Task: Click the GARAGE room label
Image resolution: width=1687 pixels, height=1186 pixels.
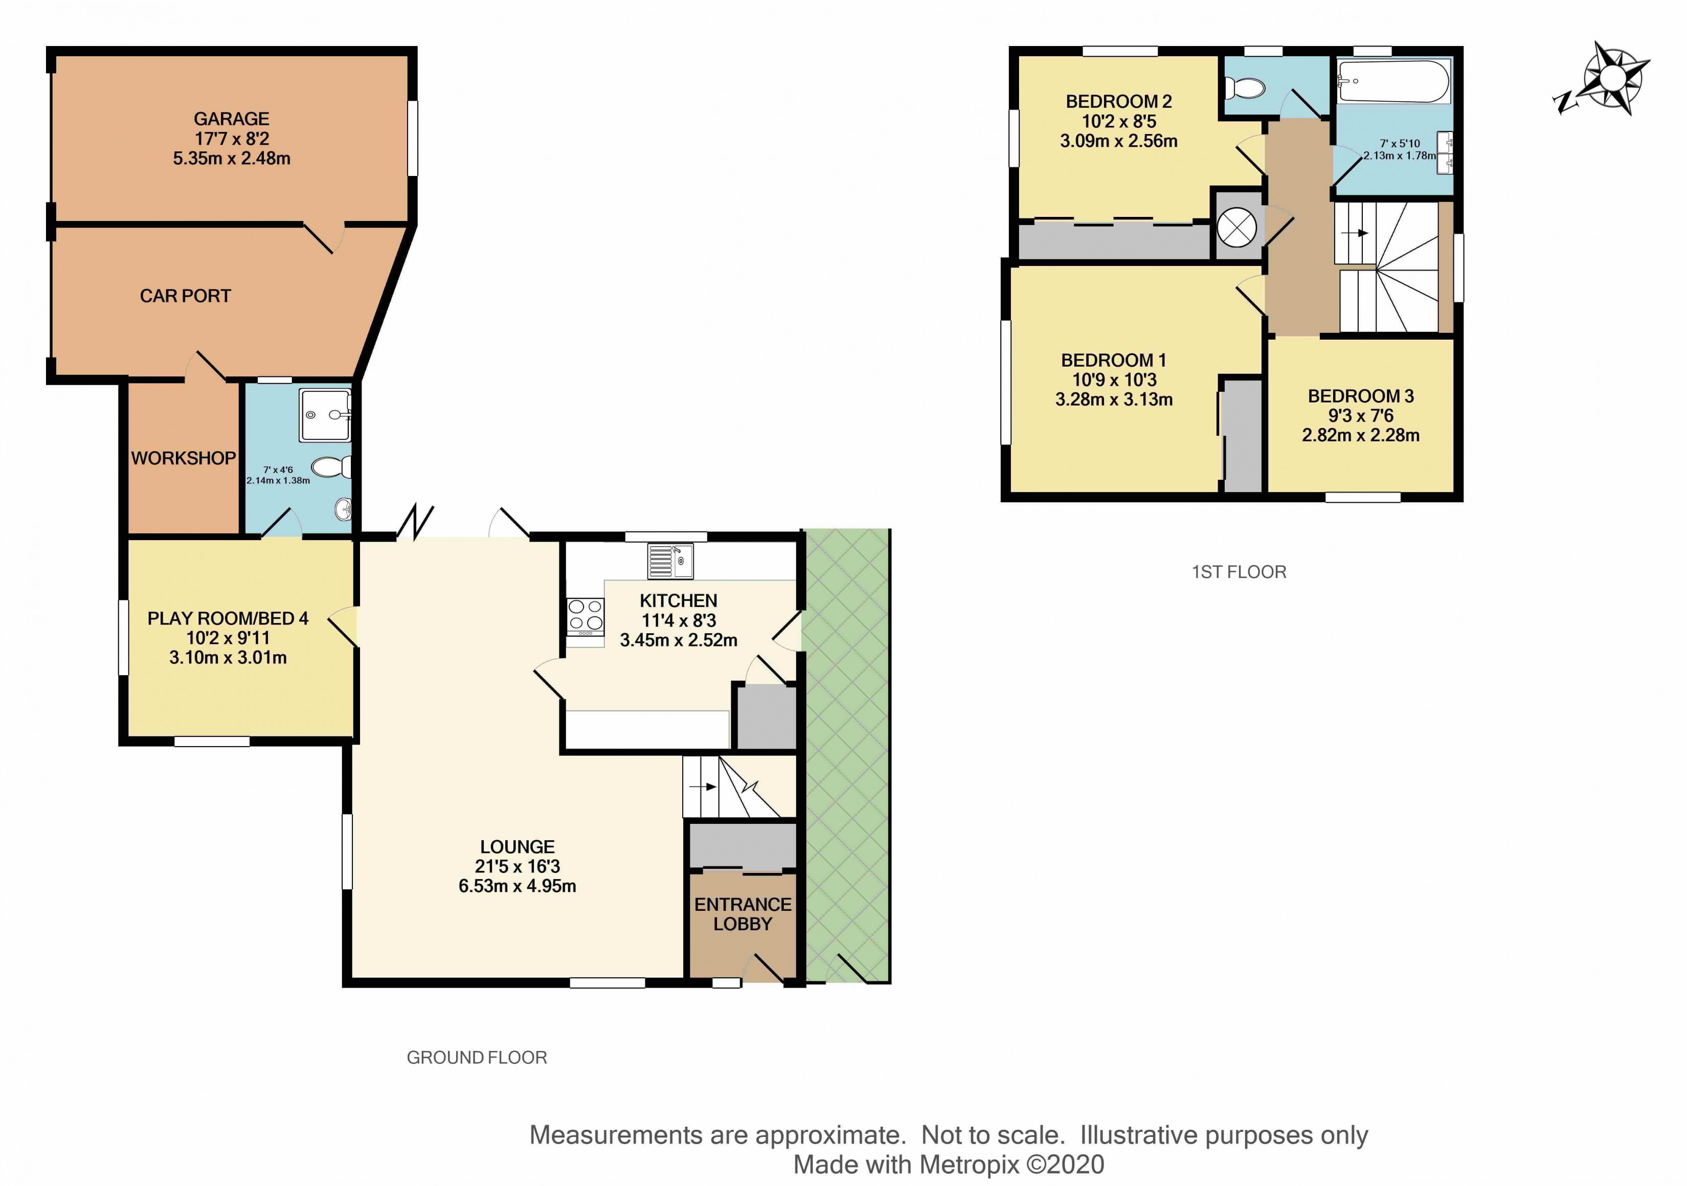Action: (x=232, y=119)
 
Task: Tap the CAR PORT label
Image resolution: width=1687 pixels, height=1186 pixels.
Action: (x=185, y=296)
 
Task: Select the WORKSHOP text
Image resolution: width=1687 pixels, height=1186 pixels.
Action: (x=184, y=459)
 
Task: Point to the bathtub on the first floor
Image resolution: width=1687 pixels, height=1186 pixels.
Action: (x=1393, y=81)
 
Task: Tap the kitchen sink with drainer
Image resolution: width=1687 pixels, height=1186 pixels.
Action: (x=669, y=561)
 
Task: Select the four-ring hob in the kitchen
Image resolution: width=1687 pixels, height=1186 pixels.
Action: (x=586, y=617)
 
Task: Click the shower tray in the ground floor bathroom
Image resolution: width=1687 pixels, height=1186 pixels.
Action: (x=325, y=415)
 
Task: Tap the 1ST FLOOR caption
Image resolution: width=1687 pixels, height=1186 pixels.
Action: (x=1239, y=572)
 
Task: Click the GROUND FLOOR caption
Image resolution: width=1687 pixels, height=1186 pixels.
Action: (x=477, y=1058)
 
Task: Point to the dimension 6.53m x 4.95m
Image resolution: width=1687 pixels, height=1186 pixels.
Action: (x=518, y=886)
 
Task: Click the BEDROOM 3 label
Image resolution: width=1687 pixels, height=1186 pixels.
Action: (x=1361, y=396)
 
